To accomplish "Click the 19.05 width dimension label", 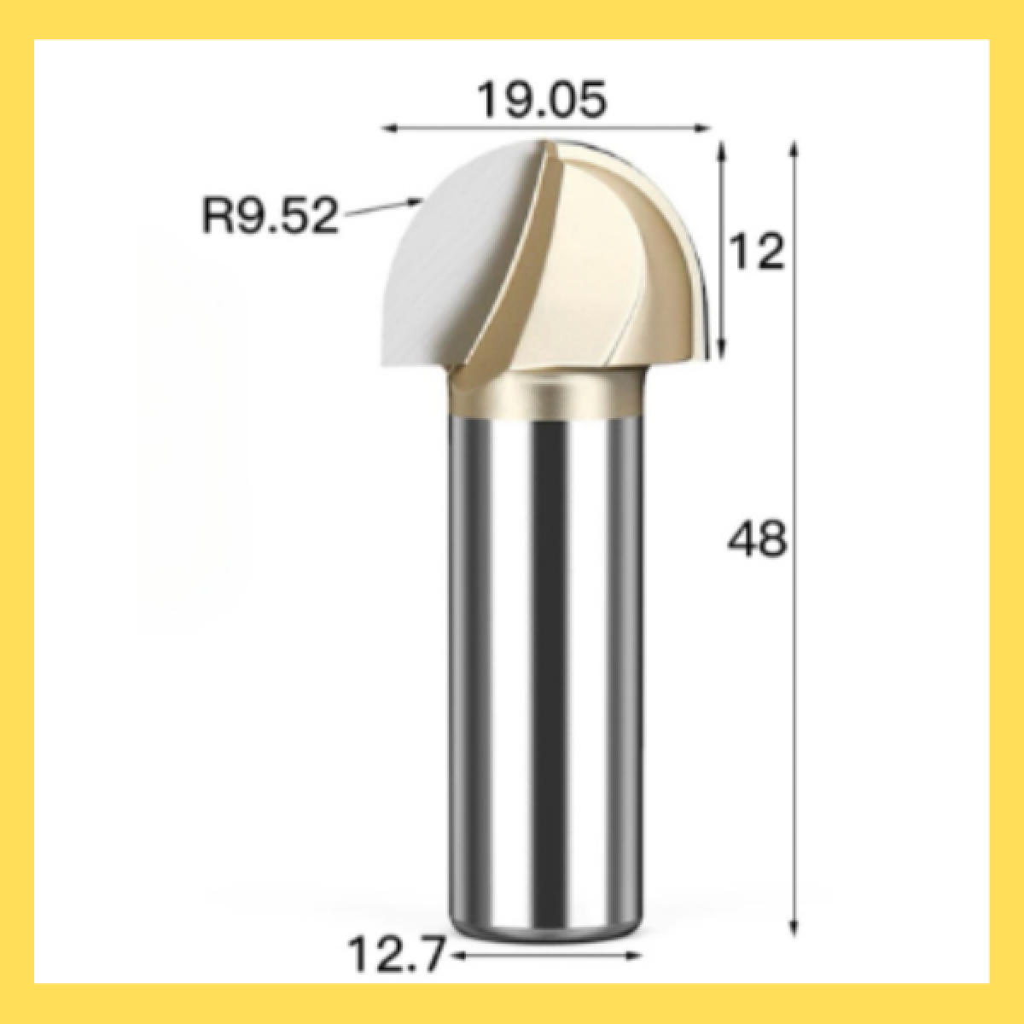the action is point(542,100).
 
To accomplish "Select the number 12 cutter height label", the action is point(757,252).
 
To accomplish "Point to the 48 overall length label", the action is point(757,538).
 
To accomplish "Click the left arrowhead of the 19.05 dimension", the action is point(389,128).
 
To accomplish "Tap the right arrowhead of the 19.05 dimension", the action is point(703,128).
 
